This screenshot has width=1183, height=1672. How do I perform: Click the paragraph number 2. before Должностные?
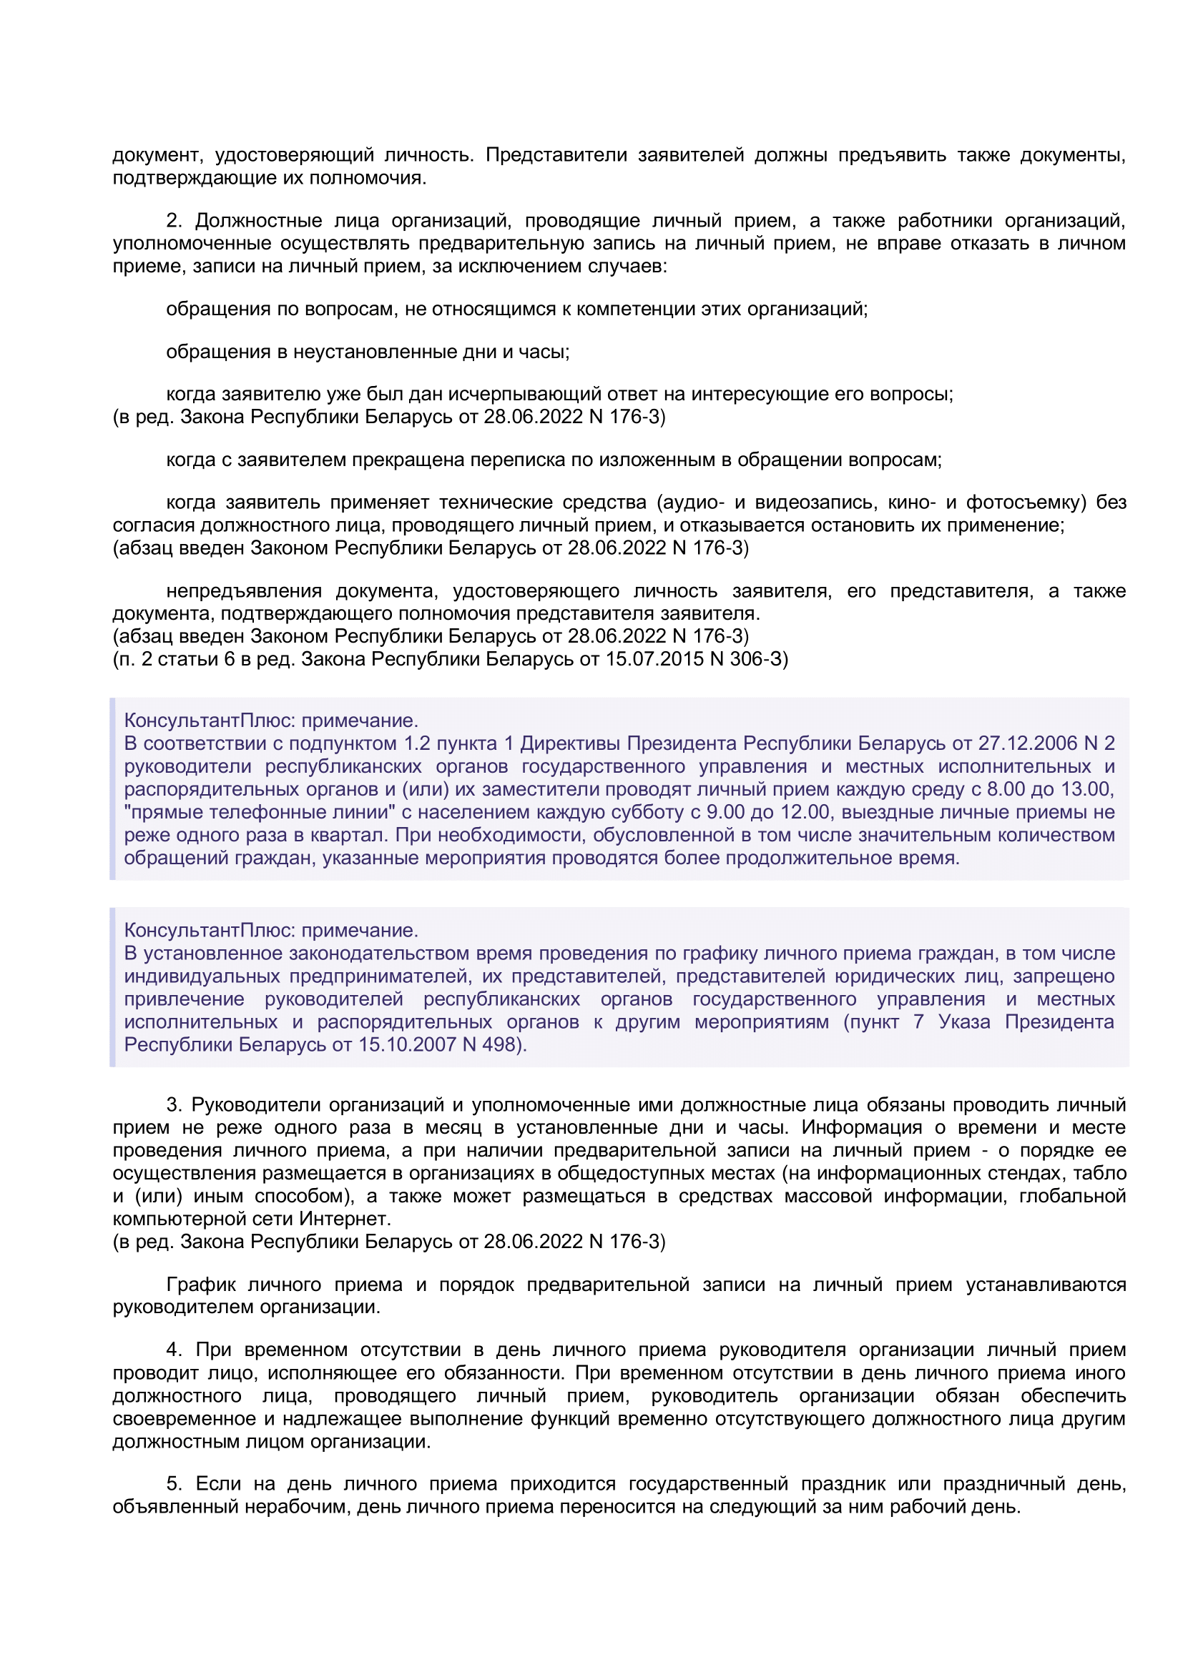pyautogui.click(x=173, y=221)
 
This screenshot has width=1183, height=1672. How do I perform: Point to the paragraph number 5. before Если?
pyautogui.click(x=173, y=1483)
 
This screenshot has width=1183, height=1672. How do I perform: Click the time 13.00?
pyautogui.click(x=1085, y=789)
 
